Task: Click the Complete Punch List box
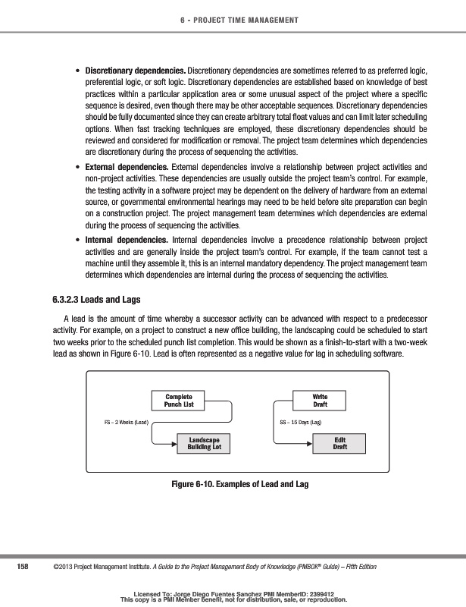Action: coord(178,401)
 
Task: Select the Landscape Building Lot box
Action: coord(204,444)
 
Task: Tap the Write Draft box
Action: coord(320,401)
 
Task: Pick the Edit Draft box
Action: coord(340,444)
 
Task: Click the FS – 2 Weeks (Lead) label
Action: coord(126,422)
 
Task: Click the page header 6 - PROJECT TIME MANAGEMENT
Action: coord(233,19)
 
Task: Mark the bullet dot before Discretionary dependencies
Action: coord(79,71)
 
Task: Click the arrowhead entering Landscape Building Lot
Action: coord(174,444)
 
